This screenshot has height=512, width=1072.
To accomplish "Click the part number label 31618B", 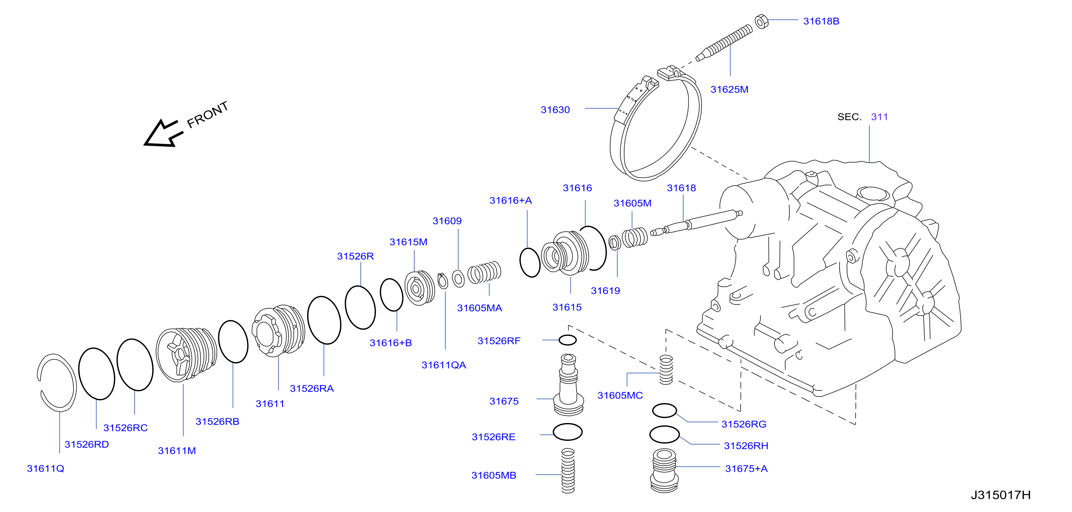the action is (x=821, y=21).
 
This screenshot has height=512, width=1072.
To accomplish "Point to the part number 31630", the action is (x=555, y=110).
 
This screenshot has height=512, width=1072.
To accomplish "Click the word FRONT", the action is (x=207, y=115).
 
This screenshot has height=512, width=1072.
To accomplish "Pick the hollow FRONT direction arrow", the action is (x=163, y=134).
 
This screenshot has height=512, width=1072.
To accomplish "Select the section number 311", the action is (x=879, y=117).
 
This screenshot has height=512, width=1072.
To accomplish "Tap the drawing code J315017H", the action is (x=1001, y=495).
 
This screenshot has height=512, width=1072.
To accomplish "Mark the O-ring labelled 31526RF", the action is (x=567, y=340).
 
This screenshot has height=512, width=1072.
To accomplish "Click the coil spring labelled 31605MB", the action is (x=568, y=470).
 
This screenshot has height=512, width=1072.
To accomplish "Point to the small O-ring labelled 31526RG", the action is (x=664, y=411).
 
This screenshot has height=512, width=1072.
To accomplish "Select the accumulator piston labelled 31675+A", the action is (x=664, y=471).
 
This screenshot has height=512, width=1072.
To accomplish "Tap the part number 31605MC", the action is (x=620, y=395).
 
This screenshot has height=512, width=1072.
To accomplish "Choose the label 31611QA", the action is (x=444, y=365).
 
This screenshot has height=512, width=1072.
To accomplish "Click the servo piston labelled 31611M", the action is (x=186, y=354).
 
